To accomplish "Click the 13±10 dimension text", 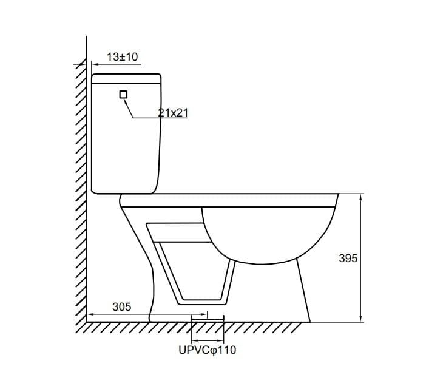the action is tap(123, 57).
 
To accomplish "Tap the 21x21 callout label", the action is tap(173, 113).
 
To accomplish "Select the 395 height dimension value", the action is tap(348, 258).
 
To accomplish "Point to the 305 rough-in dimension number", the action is tap(122, 306).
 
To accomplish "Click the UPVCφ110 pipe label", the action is tap(208, 350).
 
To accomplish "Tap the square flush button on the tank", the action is tap(123, 95).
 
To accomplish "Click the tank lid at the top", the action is tap(126, 79).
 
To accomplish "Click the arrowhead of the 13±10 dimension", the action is tap(95, 64).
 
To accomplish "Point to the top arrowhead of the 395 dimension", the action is tap(360, 197).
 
